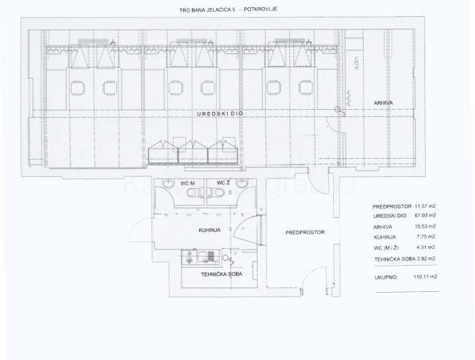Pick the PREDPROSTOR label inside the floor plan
point(304,233)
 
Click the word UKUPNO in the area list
point(385,277)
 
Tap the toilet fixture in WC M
point(191,192)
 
